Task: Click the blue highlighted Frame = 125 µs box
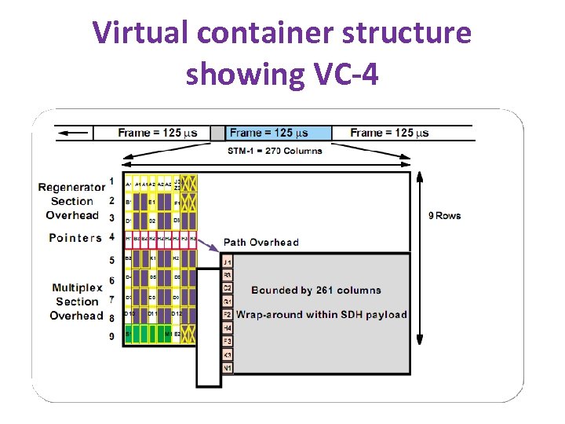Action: [278, 133]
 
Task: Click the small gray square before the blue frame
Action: [217, 133]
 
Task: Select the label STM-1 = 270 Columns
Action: [275, 151]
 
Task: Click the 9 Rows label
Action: [444, 215]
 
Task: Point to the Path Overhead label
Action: [261, 242]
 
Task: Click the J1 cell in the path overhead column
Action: [228, 261]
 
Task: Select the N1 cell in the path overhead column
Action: [228, 367]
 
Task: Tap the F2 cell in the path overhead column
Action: [228, 314]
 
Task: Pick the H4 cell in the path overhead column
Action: [228, 327]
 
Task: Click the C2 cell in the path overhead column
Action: [228, 288]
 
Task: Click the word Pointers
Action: [75, 237]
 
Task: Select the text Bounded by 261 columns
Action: [316, 291]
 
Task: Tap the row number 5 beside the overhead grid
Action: [111, 260]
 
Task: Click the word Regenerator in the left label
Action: [71, 187]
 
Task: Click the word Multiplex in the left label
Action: [77, 287]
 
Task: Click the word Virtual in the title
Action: [141, 33]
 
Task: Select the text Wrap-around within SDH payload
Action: [322, 315]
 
